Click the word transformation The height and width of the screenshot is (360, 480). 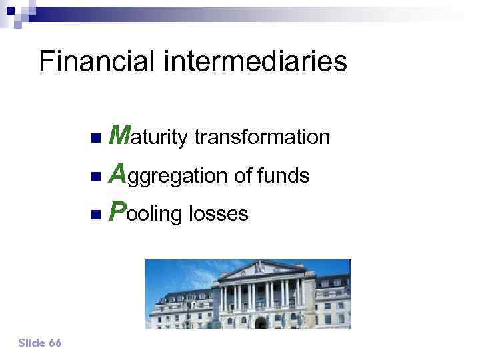tap(262, 137)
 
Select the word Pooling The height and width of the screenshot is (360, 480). tap(146, 213)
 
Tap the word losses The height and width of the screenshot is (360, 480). tap(219, 214)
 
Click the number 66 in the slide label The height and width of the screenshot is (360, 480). tap(55, 343)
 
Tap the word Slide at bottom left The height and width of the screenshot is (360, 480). tap(31, 343)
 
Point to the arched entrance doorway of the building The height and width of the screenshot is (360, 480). tap(261, 321)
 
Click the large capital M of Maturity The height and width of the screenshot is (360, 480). tap(120, 135)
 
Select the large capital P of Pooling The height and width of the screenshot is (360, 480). tap(117, 213)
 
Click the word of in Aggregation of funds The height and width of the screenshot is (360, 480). tap(243, 176)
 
